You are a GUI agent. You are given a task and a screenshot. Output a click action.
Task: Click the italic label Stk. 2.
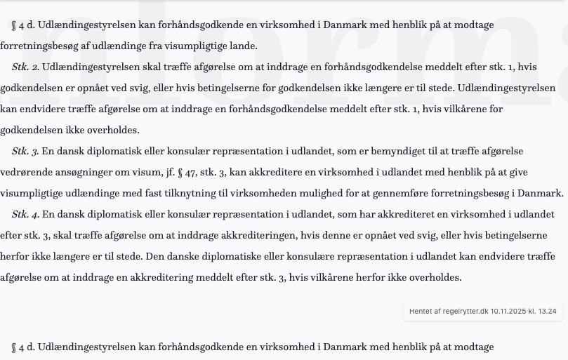pos(25,67)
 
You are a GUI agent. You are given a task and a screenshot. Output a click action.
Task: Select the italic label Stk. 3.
pos(25,151)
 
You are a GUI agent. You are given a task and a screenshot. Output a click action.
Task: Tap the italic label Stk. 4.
pos(25,214)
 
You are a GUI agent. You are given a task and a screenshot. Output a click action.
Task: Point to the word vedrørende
pos(25,172)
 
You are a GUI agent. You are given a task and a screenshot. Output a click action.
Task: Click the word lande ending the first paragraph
pos(242,46)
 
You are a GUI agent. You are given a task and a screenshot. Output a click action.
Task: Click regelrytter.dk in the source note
pos(464,311)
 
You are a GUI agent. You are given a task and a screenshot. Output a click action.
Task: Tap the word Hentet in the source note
pos(421,311)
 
